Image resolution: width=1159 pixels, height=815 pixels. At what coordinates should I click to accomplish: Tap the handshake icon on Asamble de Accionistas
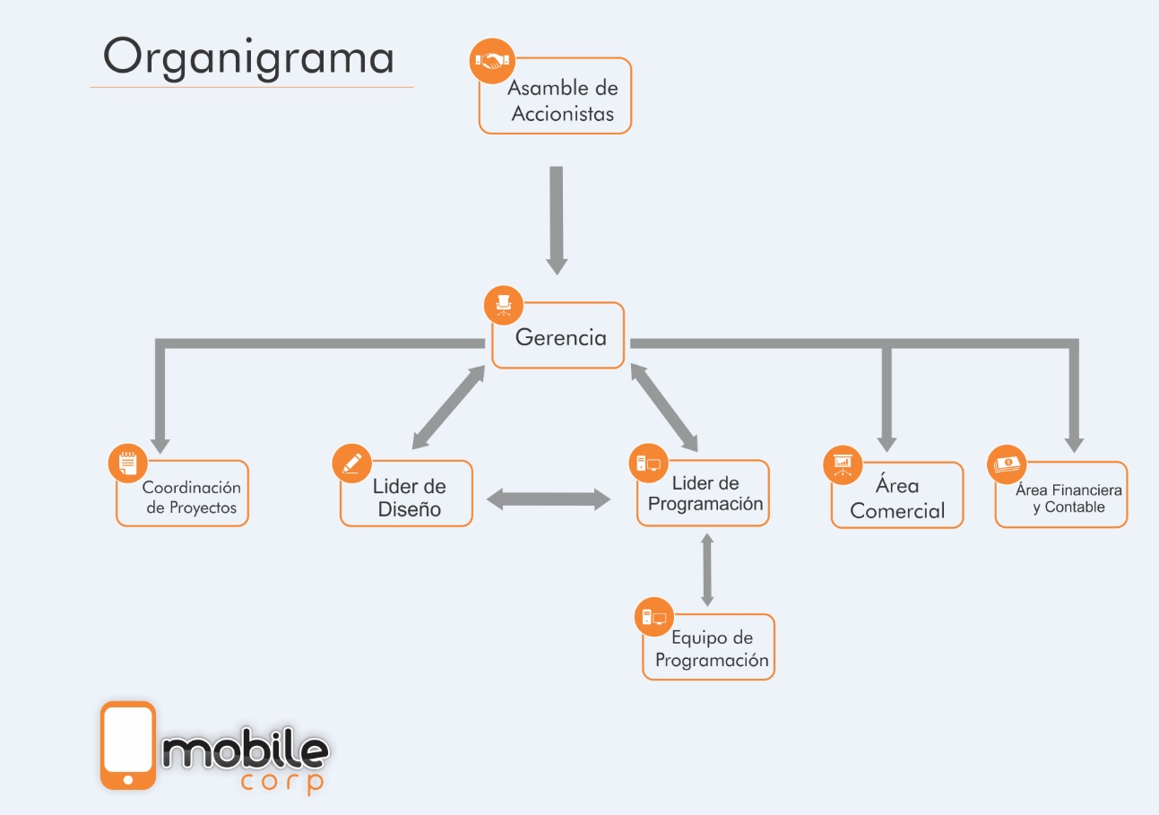point(492,61)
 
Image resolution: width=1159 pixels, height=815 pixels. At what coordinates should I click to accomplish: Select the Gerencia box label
point(561,337)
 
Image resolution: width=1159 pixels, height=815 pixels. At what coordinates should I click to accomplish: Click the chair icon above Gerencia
point(504,306)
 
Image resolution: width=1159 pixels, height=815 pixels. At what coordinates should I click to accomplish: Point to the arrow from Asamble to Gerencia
point(557,221)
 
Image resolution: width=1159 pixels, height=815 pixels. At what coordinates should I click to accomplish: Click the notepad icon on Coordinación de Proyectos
point(128,464)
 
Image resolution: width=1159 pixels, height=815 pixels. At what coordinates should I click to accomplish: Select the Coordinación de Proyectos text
point(192,498)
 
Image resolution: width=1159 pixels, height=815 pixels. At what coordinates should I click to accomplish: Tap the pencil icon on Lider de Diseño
point(352,464)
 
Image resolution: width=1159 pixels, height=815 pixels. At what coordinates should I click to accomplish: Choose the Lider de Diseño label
point(410,498)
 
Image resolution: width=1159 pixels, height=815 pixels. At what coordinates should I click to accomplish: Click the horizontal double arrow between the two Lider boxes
point(549,499)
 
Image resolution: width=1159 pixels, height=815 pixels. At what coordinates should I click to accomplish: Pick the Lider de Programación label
point(705,494)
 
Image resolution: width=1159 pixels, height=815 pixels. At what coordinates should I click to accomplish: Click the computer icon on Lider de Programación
point(648,464)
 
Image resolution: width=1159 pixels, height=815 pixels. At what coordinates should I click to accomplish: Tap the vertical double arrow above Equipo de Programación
point(707,569)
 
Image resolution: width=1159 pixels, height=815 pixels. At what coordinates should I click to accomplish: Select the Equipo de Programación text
point(712,649)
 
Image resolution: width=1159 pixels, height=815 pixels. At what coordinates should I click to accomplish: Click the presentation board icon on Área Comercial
point(843,464)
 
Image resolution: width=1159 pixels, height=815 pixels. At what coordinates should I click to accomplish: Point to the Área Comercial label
point(897,498)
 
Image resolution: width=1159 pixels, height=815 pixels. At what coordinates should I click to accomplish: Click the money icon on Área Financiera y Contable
point(1007,464)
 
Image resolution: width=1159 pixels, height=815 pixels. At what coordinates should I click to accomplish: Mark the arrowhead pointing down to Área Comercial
point(887,445)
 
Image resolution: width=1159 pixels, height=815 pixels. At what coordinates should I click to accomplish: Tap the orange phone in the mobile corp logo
point(128,746)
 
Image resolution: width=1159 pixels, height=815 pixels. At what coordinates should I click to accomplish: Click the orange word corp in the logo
point(282,783)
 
